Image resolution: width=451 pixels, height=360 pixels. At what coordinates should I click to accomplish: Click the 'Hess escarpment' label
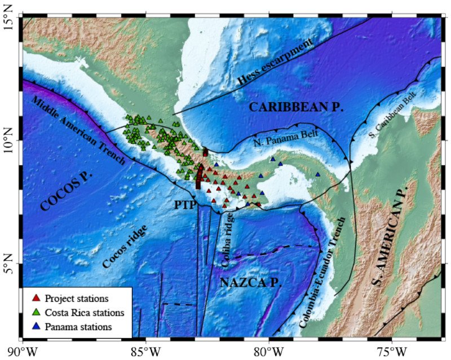tap(275, 64)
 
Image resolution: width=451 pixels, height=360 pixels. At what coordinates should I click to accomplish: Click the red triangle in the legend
tap(36, 297)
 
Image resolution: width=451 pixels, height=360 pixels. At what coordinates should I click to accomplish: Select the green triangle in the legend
tap(36, 311)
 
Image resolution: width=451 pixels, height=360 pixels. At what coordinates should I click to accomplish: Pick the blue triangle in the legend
tap(36, 326)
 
